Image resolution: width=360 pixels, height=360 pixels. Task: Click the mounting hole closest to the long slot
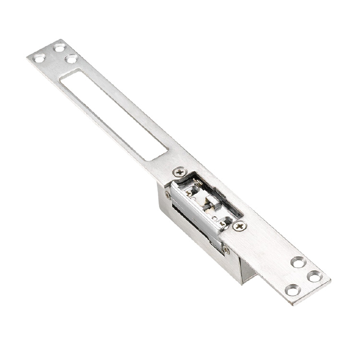tap(72, 59)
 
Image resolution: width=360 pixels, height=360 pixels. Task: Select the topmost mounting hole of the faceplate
tap(60, 48)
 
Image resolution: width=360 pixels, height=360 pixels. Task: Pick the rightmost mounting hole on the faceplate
tap(315, 276)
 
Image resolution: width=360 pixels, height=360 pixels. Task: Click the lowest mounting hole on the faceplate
tap(292, 290)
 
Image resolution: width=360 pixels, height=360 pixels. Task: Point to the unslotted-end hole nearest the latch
tap(298, 262)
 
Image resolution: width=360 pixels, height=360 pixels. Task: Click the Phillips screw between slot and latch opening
tap(180, 171)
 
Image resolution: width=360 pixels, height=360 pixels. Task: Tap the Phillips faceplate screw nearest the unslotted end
tap(239, 226)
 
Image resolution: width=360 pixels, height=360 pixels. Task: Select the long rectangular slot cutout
tap(114, 115)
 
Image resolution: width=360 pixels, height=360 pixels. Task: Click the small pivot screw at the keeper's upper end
tap(168, 195)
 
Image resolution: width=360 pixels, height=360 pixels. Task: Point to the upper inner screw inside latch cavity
tap(189, 193)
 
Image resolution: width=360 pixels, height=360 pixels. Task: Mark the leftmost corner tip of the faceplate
tap(27, 57)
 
